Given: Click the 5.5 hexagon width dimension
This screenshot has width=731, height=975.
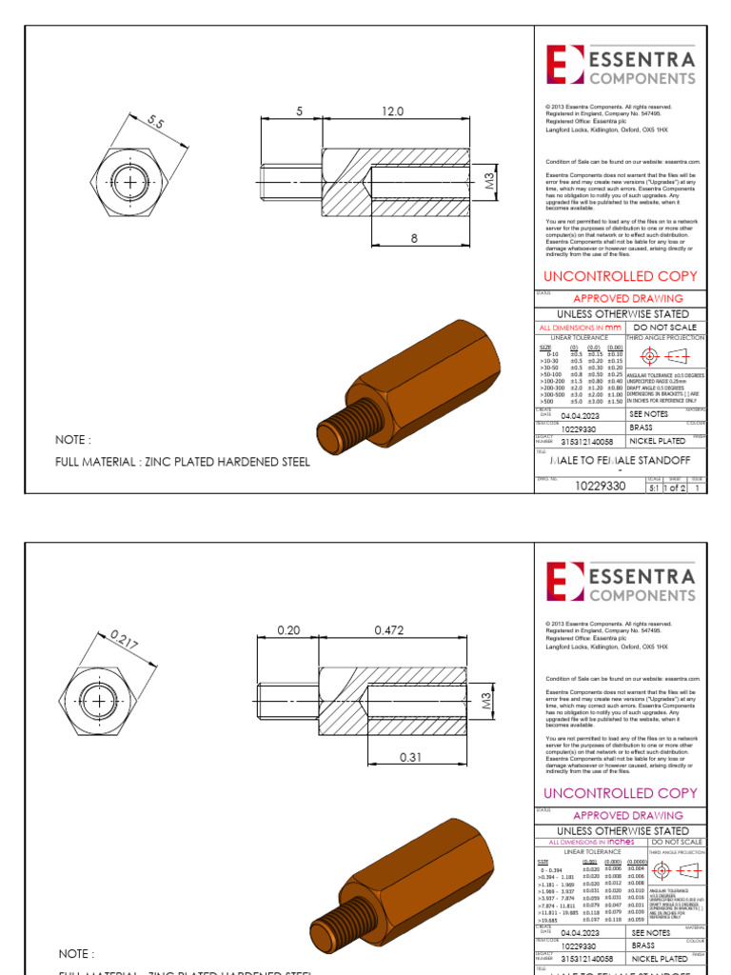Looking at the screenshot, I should click(x=155, y=122).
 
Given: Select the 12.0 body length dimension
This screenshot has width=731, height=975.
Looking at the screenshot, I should click(x=393, y=111).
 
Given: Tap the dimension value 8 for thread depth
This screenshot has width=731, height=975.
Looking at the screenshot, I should click(x=414, y=239).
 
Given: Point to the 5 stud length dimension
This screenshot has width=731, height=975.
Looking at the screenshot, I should click(x=299, y=111).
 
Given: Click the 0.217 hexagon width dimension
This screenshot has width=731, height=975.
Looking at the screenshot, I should click(x=125, y=640).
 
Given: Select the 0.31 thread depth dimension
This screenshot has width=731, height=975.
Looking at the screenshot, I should click(x=410, y=757).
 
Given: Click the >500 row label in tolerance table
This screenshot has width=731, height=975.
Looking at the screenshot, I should click(x=546, y=402).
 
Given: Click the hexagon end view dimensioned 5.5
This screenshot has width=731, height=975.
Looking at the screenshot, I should click(x=128, y=180).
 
